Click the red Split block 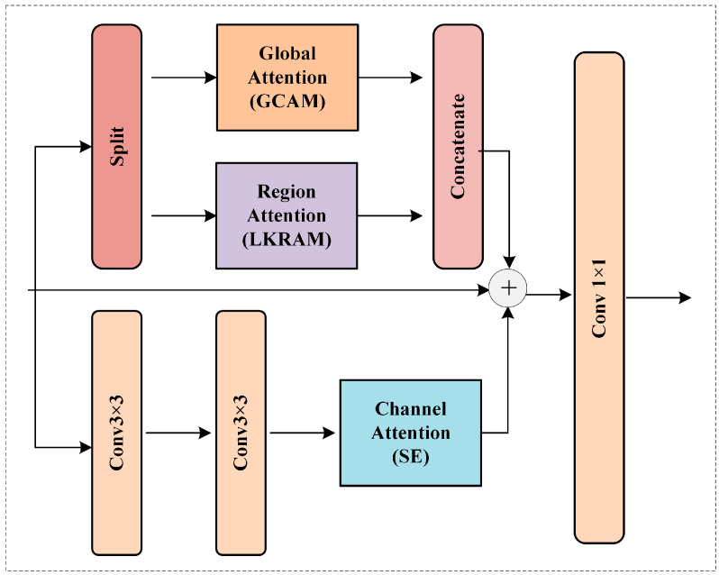pos(117,146)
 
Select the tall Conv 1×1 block pos(599,297)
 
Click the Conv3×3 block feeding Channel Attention pos(241,433)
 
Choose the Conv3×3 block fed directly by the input pos(117,433)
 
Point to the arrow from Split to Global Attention pos(184,78)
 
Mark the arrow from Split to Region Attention pos(184,216)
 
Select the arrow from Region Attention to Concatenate pos(389,216)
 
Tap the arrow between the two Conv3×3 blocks pos(178,434)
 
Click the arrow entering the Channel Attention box pos(304,434)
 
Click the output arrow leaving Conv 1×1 pos(658,297)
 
